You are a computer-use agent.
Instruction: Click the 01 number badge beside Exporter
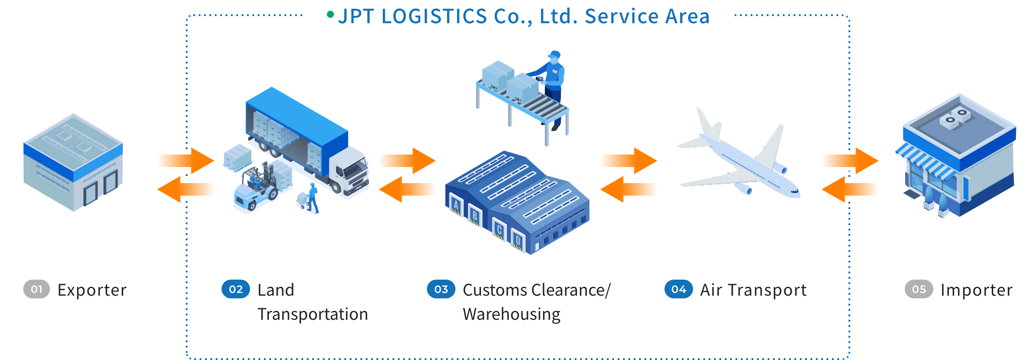[36, 289]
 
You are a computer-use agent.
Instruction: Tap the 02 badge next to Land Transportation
[235, 289]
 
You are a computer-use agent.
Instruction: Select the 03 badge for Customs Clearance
[441, 289]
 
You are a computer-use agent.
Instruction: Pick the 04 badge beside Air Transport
[678, 289]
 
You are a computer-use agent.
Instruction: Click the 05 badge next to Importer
[919, 289]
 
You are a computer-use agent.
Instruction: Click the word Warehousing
[511, 314]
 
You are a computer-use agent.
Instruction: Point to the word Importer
[976, 290]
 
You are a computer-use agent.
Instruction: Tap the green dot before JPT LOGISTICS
[330, 15]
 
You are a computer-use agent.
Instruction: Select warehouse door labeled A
[455, 206]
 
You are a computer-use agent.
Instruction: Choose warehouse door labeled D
[518, 241]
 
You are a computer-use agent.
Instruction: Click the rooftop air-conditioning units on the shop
[956, 117]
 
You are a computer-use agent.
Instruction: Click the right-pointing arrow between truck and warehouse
[406, 160]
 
